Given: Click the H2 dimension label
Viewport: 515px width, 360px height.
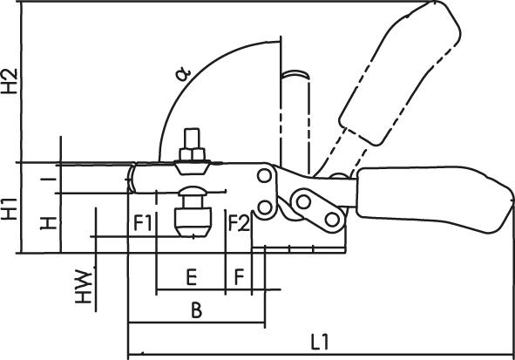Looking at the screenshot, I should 10,80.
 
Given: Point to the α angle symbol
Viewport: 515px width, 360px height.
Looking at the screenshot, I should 183,74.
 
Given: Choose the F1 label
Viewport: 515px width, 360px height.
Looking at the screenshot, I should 144,223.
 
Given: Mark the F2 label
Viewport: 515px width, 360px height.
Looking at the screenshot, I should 239,223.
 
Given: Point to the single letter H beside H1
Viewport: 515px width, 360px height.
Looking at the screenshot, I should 52,221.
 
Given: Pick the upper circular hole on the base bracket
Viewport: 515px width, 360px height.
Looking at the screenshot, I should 261,177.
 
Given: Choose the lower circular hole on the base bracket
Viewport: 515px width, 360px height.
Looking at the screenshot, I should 261,207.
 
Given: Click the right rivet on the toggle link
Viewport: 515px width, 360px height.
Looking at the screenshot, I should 331,218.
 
